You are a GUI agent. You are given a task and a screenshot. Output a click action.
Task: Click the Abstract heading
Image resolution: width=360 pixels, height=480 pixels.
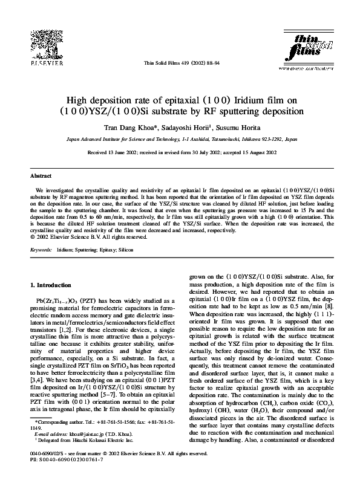coord(41,176)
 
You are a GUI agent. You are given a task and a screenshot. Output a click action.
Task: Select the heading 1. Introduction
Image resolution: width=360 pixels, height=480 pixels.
coord(51,284)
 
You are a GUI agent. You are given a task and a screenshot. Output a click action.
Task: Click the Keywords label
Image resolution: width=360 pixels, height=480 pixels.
coord(41,249)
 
